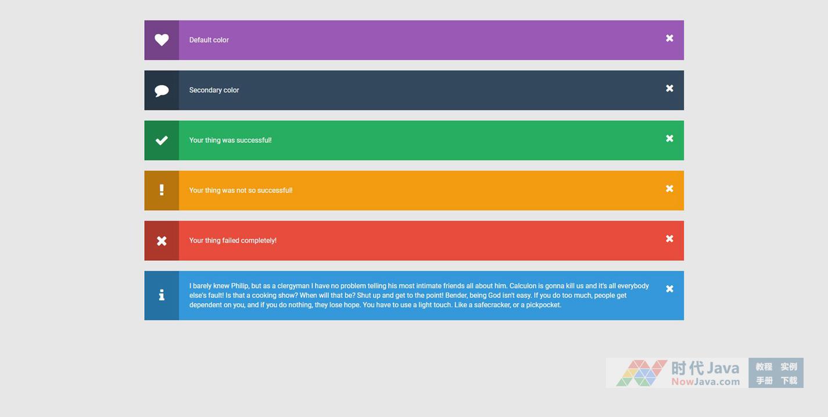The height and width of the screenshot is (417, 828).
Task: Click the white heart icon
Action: [162, 39]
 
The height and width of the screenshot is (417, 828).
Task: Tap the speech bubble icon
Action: [162, 91]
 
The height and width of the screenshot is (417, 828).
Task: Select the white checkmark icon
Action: [162, 141]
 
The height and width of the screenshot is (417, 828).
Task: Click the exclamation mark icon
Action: [162, 190]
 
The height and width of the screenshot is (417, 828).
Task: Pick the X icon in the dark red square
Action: [162, 241]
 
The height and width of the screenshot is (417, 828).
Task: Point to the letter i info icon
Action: [162, 294]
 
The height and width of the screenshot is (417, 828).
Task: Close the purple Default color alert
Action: [669, 38]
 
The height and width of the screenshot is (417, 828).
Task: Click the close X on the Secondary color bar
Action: [669, 88]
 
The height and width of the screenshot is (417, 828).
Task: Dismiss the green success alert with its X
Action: [669, 138]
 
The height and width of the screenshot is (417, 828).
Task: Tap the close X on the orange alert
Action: [669, 189]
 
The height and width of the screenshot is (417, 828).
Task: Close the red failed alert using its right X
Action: [669, 239]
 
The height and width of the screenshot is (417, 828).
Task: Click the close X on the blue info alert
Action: [669, 289]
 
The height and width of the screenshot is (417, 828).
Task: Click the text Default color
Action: [209, 40]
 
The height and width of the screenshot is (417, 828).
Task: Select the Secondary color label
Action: [214, 90]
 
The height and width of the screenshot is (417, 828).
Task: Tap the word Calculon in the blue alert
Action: [523, 286]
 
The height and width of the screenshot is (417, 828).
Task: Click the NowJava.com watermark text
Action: [705, 382]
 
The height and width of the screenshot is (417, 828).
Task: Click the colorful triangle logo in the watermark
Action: [641, 373]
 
